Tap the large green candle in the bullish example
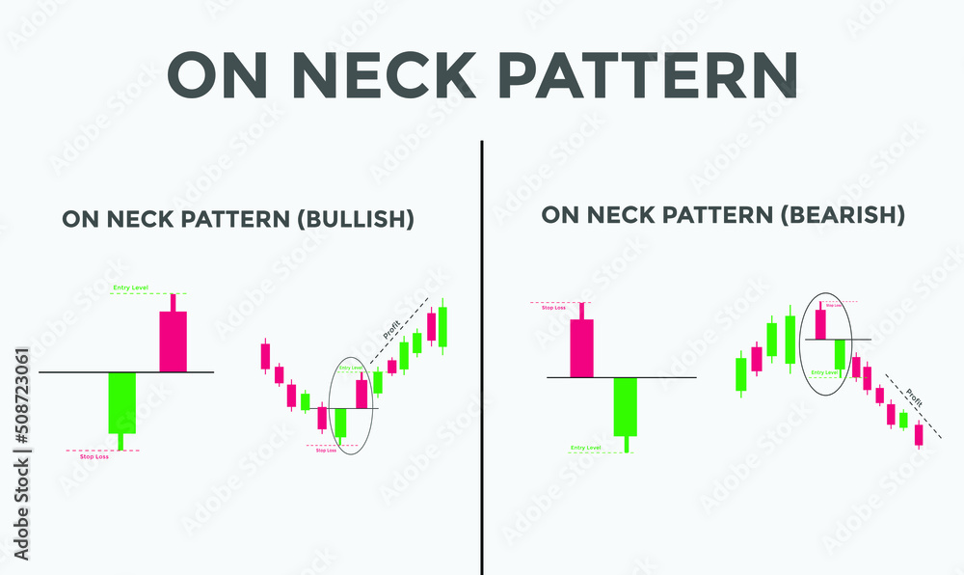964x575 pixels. pyautogui.click(x=122, y=402)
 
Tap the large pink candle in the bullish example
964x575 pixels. pyautogui.click(x=174, y=341)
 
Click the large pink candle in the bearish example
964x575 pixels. pyautogui.click(x=582, y=347)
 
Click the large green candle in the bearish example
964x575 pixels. pyautogui.click(x=626, y=406)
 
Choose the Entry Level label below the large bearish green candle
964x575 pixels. pyautogui.click(x=586, y=448)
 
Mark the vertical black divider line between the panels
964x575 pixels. pyautogui.click(x=481, y=357)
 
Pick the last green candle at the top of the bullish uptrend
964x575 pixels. pyautogui.click(x=442, y=327)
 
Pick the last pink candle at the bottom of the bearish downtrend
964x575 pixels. pyautogui.click(x=919, y=435)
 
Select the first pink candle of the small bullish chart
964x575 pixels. pyautogui.click(x=265, y=355)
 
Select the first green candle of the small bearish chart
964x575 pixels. pyautogui.click(x=740, y=373)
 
